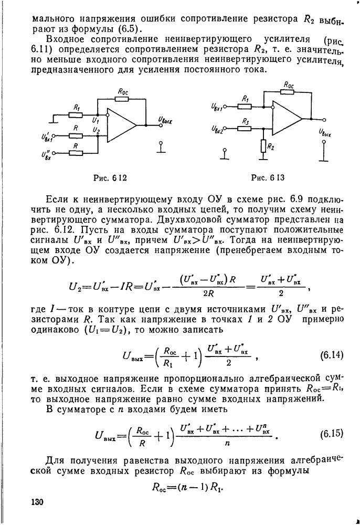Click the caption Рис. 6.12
pyautogui.click(x=108, y=177)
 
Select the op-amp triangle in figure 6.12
pyautogui.click(x=121, y=125)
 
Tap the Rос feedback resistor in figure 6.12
pyautogui.click(x=123, y=98)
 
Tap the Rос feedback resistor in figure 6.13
pyautogui.click(x=288, y=91)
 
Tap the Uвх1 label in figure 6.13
pyautogui.click(x=216, y=107)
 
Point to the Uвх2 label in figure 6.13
pyautogui.click(x=216, y=129)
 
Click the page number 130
pyautogui.click(x=37, y=502)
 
